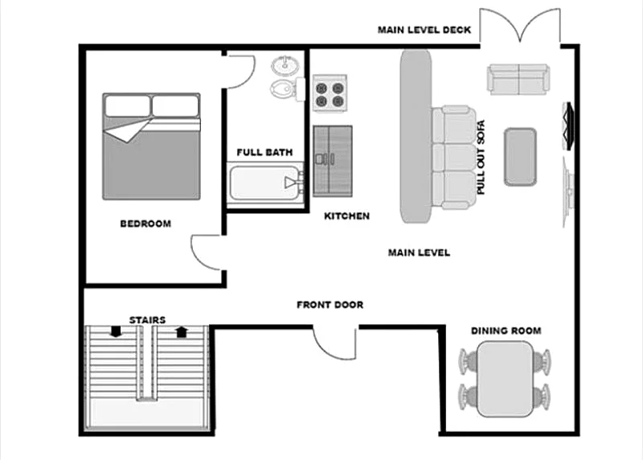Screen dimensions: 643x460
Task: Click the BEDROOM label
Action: [x=145, y=224]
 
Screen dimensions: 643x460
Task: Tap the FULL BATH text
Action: [x=265, y=152]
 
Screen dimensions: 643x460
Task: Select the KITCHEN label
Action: [x=347, y=216]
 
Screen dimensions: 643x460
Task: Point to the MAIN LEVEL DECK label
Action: [x=424, y=30]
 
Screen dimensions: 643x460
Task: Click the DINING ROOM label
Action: [x=506, y=331]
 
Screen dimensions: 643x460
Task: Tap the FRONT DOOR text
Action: [x=330, y=305]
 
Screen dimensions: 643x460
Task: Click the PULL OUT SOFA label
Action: [x=481, y=157]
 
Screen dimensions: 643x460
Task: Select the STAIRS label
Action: [x=148, y=319]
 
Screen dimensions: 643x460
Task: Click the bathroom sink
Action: [x=285, y=66]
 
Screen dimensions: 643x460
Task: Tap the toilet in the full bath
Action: [x=287, y=88]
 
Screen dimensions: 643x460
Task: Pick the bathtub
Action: [x=265, y=183]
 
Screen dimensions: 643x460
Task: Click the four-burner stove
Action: [x=330, y=94]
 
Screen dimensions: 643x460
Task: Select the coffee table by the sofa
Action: [x=520, y=157]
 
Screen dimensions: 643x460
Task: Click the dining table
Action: [x=506, y=379]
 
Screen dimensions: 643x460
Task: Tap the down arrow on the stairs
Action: [x=116, y=331]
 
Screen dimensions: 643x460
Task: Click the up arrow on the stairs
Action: [x=182, y=331]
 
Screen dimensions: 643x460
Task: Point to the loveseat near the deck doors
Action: [x=518, y=79]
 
